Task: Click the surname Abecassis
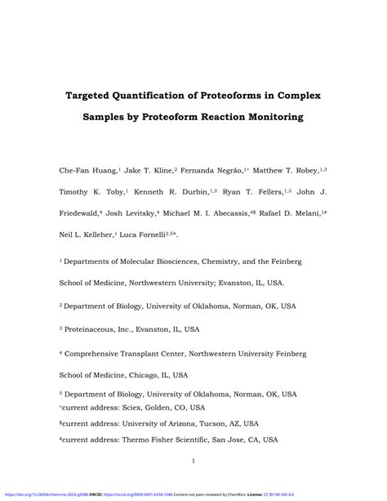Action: pyautogui.click(x=245, y=212)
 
